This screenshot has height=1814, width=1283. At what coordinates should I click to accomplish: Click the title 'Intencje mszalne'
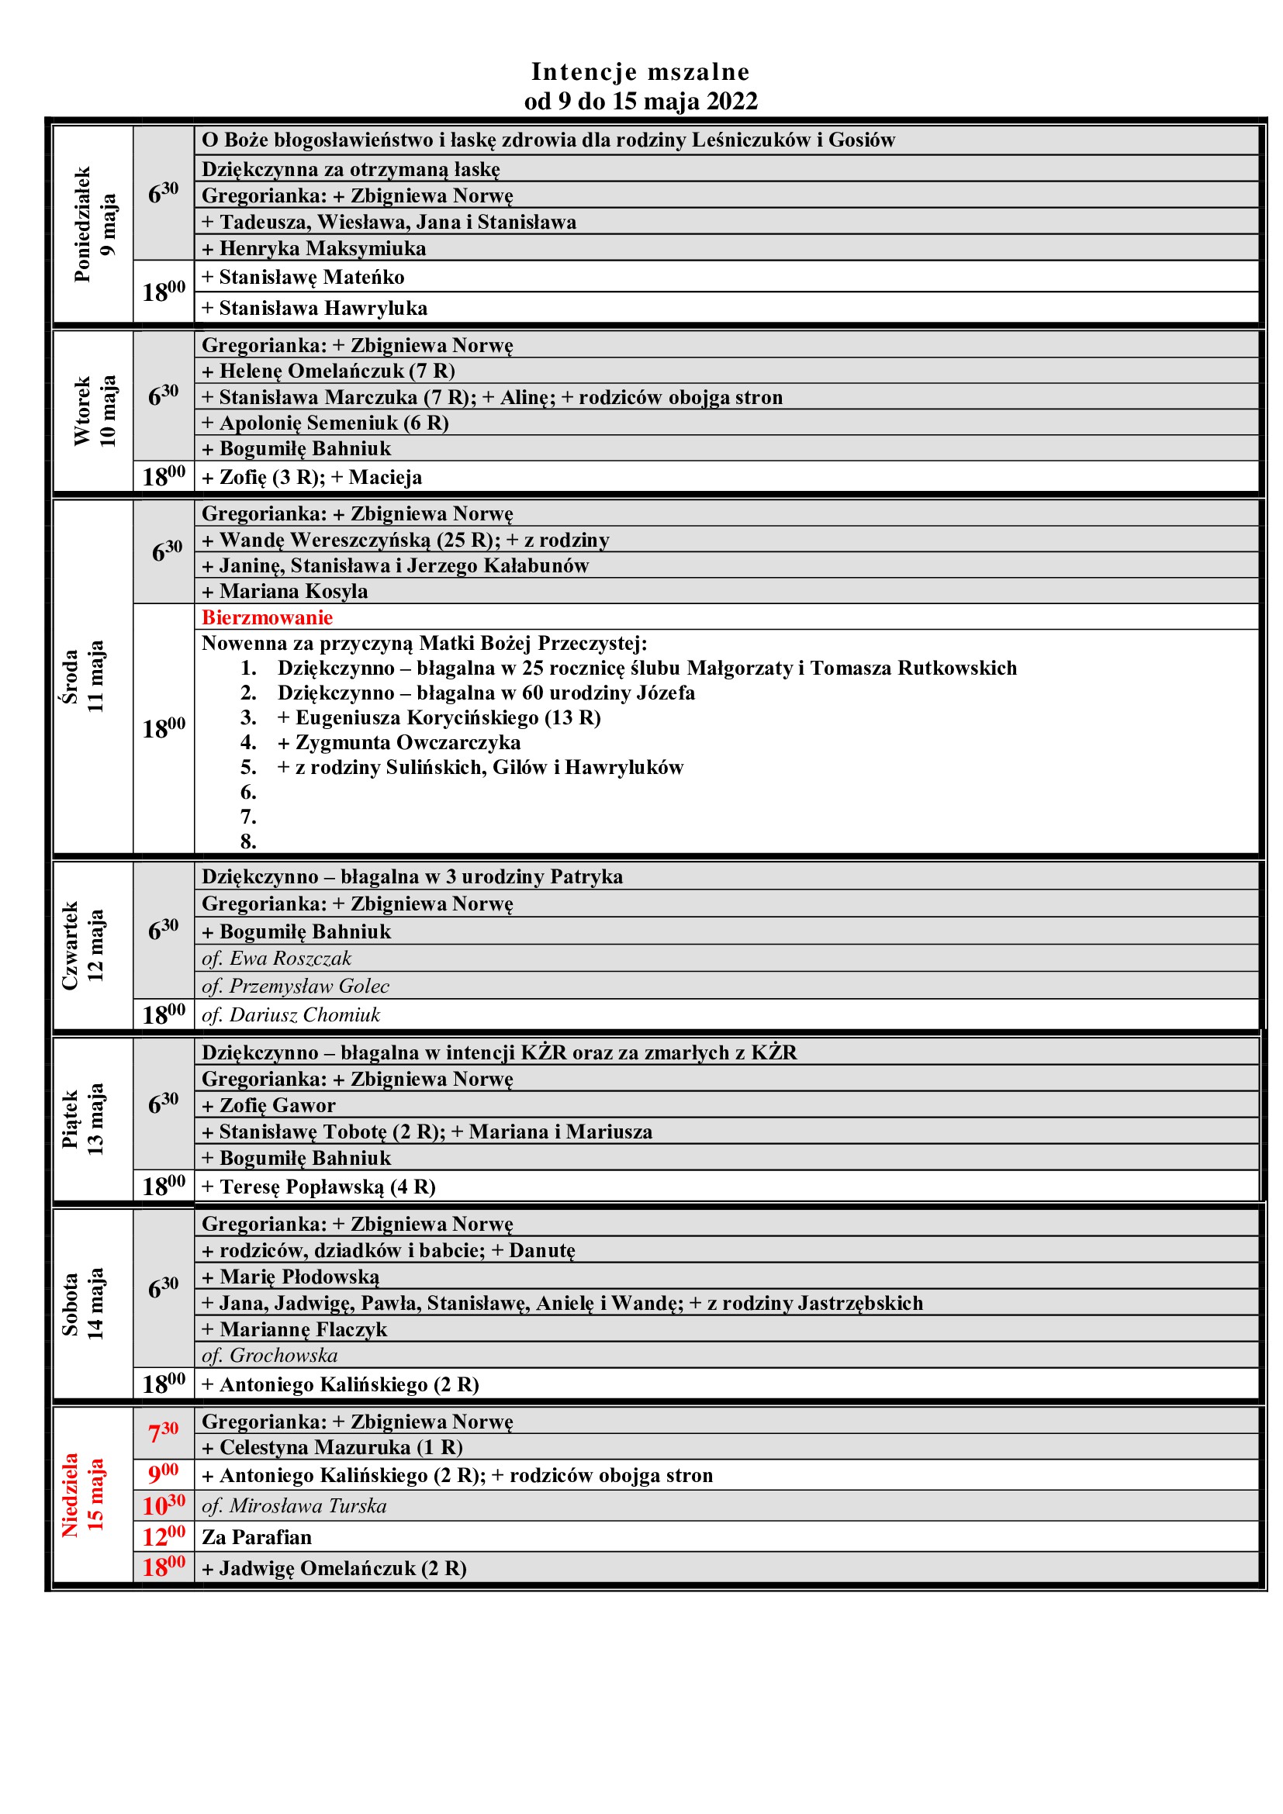(x=640, y=72)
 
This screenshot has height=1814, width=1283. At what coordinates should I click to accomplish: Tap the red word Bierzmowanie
(x=267, y=617)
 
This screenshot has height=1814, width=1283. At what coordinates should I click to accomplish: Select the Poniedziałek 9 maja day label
(x=94, y=224)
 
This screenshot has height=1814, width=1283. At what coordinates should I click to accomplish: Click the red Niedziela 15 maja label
(x=82, y=1494)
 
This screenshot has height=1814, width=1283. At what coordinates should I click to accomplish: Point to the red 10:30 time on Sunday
(x=164, y=1505)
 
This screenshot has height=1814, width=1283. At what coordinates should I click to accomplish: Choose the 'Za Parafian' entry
(x=257, y=1536)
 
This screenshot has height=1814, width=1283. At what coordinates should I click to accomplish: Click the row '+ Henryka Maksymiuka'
(x=313, y=248)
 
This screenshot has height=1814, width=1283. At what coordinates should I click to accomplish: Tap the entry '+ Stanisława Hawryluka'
(x=314, y=308)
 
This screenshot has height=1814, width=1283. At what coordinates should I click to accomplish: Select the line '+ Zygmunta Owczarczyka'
(x=399, y=743)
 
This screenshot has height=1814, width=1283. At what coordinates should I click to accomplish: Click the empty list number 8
(x=248, y=841)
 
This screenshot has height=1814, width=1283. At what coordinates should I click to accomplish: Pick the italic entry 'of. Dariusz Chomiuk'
(x=291, y=1014)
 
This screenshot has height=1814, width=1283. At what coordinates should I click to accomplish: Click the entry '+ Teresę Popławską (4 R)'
(x=318, y=1187)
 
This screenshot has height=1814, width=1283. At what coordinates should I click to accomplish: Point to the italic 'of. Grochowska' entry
(x=269, y=1356)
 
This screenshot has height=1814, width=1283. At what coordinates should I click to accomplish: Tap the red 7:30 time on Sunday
(x=164, y=1432)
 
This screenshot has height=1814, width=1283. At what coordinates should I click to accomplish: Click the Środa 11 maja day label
(x=82, y=676)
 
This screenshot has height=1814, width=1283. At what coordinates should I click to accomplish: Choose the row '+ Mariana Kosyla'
(x=285, y=591)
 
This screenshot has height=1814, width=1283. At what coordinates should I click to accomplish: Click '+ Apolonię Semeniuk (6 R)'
(x=325, y=423)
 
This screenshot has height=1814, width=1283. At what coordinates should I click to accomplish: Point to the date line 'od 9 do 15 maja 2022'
(x=641, y=101)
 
